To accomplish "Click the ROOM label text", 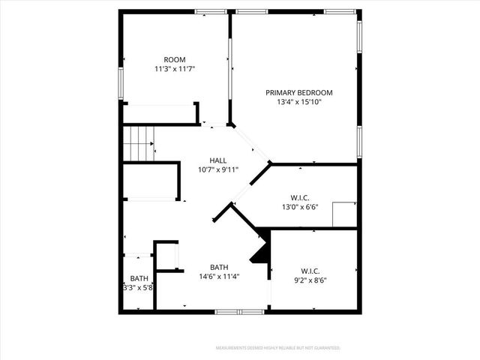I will [x=175, y=59].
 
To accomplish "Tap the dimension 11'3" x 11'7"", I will [x=175, y=69].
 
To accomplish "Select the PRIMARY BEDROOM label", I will [x=298, y=92].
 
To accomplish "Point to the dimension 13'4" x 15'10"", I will [x=298, y=102].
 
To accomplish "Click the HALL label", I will [x=218, y=160].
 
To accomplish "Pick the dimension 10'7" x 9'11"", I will [x=218, y=169].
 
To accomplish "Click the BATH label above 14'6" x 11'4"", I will [x=219, y=267].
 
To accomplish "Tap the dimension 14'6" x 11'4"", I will [x=219, y=277].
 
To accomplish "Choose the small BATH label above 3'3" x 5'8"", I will [x=139, y=278].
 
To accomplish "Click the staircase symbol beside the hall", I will [x=138, y=142].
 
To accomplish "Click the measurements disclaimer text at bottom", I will [x=277, y=348].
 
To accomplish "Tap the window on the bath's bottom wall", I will [x=229, y=311].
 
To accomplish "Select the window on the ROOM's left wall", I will [x=120, y=79].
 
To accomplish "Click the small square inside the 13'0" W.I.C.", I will [x=344, y=213].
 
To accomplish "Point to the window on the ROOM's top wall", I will [x=205, y=12].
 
